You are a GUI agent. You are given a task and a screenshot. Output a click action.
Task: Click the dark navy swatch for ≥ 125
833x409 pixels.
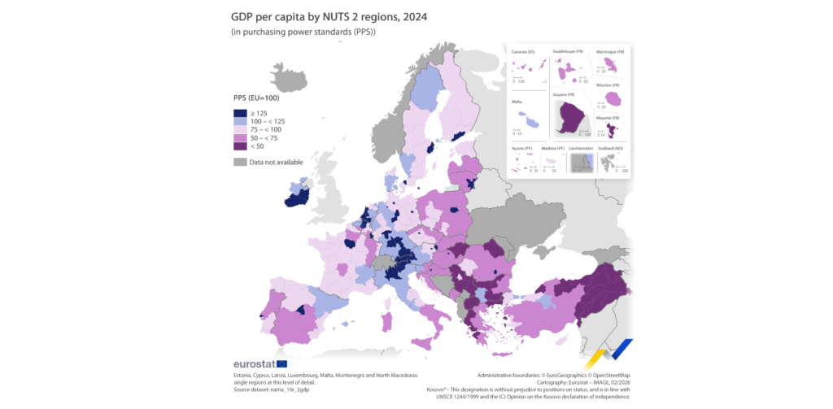click(x=240, y=113)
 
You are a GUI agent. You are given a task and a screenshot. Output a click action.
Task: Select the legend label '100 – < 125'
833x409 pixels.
click(x=268, y=121)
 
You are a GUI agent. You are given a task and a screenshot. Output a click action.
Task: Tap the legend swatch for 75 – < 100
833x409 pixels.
click(x=240, y=129)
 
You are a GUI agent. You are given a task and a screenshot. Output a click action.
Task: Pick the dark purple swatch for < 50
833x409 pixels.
click(x=240, y=146)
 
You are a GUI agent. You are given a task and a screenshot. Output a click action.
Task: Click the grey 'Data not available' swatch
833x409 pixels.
click(x=240, y=162)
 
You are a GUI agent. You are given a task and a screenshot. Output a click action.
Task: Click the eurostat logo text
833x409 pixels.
click(x=254, y=363)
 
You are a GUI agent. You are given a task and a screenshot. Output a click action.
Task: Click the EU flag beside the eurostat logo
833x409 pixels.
click(x=281, y=363)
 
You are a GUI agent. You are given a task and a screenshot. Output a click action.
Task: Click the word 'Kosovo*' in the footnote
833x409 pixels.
click(x=439, y=388)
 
